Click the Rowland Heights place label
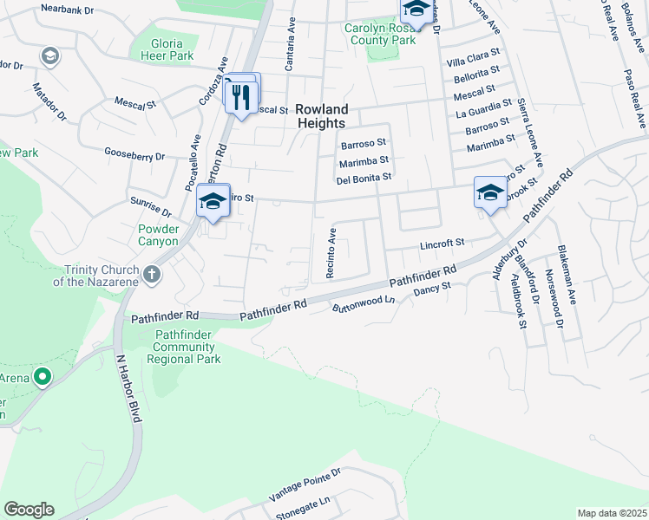[321, 116]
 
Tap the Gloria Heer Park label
[167, 49]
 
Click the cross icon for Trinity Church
[152, 276]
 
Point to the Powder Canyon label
[158, 235]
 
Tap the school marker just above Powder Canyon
[213, 202]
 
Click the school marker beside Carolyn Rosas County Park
[416, 10]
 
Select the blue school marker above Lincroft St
[490, 192]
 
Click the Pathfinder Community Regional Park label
[187, 347]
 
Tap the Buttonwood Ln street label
[364, 304]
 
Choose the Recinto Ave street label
[331, 252]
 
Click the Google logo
[29, 510]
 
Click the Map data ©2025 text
[611, 513]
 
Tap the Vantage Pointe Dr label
[305, 485]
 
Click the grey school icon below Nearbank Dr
[49, 57]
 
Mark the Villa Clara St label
[473, 63]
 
